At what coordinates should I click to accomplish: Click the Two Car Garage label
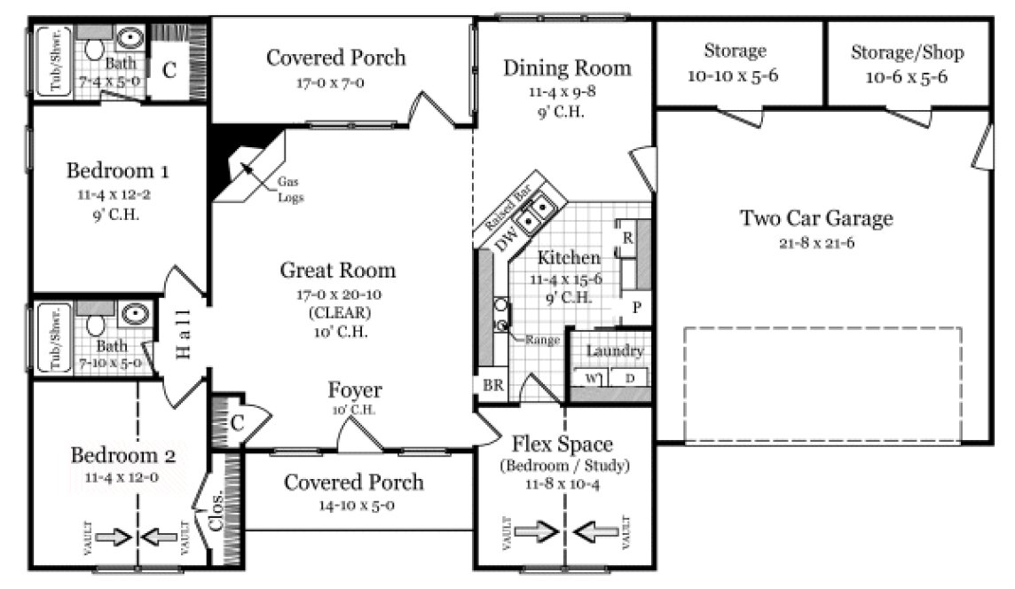click(816, 218)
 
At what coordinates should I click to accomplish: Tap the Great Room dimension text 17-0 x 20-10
click(337, 294)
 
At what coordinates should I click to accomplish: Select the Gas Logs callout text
click(290, 189)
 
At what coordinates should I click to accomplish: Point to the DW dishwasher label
click(506, 240)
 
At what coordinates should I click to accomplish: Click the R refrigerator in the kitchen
click(626, 237)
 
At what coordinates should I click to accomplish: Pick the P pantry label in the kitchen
click(636, 308)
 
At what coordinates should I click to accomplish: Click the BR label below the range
click(492, 386)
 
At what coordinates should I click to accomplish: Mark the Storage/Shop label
click(907, 52)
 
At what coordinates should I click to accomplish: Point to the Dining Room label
click(567, 67)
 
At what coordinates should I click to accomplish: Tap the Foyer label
click(355, 390)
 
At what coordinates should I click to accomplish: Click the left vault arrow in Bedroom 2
click(112, 537)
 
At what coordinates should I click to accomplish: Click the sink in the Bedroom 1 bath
click(130, 38)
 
